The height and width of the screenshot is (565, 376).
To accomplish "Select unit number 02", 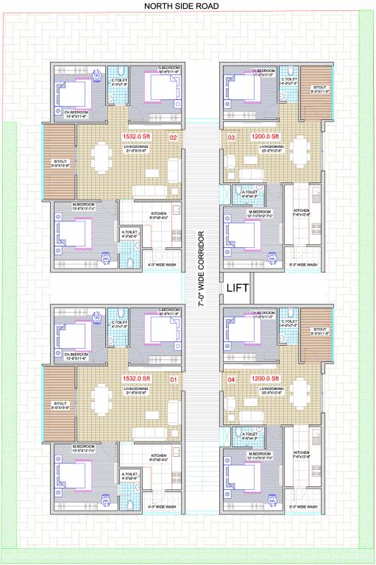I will pyautogui.click(x=174, y=138).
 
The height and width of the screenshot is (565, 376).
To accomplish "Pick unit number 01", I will pyautogui.click(x=174, y=380).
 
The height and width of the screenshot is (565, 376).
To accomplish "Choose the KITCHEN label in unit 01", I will pyautogui.click(x=160, y=456).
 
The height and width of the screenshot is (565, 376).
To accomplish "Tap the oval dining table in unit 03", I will pyautogui.click(x=299, y=146).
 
